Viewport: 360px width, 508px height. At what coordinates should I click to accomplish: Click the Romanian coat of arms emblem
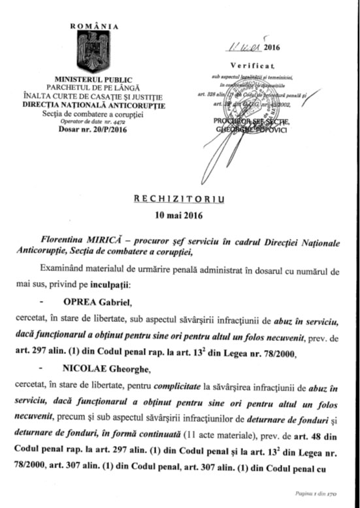click(x=97, y=51)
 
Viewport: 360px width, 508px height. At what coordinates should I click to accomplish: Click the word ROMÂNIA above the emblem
click(x=97, y=26)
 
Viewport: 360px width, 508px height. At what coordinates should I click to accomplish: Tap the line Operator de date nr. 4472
click(x=97, y=121)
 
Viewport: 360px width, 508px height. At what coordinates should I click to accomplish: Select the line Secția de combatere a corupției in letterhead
click(x=97, y=113)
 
